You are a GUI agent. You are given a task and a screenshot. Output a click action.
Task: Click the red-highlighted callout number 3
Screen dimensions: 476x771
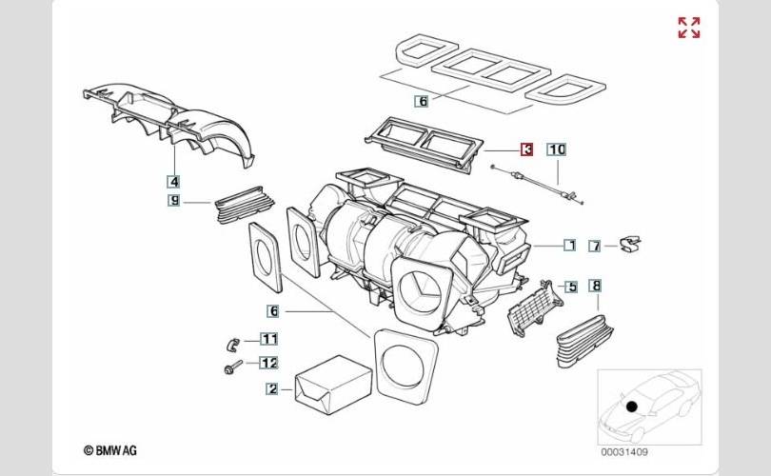click(x=526, y=149)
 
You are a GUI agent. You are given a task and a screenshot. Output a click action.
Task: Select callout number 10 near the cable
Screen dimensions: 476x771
click(x=557, y=149)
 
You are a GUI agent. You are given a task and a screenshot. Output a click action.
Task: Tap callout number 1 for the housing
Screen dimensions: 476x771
click(x=569, y=245)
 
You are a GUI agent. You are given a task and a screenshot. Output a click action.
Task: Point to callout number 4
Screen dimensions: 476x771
click(x=174, y=180)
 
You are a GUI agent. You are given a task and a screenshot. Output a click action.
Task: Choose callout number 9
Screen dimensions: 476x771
click(x=174, y=201)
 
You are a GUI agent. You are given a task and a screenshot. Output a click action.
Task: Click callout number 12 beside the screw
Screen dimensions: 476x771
click(x=269, y=362)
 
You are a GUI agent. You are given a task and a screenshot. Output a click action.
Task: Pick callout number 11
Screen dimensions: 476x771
click(x=269, y=339)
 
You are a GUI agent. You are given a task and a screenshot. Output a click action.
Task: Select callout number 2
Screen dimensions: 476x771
click(x=272, y=388)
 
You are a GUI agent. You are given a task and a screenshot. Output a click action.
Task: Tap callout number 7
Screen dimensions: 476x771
click(x=595, y=247)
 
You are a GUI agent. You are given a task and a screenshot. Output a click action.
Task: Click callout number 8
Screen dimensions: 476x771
click(x=595, y=286)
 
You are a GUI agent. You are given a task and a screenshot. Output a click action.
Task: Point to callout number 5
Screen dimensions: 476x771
click(x=571, y=287)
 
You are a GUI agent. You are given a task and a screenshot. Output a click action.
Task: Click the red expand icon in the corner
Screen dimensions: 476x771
click(x=688, y=28)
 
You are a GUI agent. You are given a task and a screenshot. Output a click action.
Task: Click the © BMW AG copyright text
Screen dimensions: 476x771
click(x=112, y=449)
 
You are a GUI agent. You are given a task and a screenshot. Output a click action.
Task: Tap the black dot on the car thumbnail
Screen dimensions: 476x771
click(x=631, y=407)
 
